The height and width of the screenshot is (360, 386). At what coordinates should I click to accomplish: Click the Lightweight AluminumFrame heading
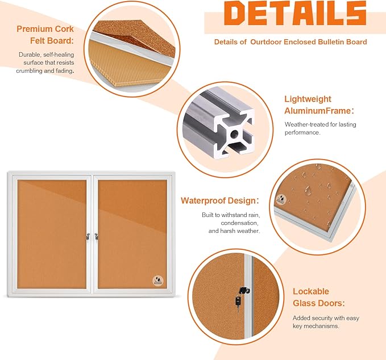coord(319,105)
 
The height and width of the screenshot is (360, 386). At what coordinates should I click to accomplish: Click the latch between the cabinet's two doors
coord(92,235)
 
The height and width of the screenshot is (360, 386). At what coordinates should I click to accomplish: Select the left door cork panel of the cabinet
coord(49,233)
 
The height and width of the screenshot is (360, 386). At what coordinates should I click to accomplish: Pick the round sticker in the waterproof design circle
coord(283,200)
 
